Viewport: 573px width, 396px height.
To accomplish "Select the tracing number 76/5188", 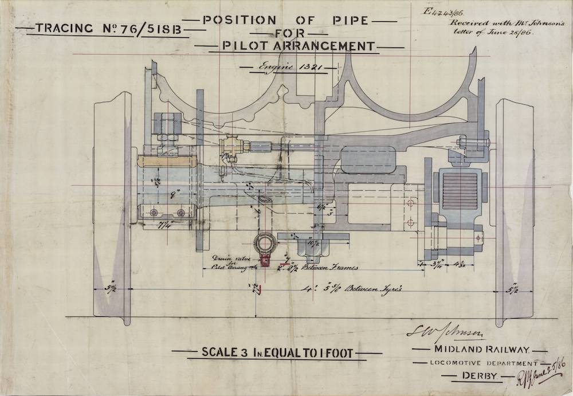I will click(152, 29).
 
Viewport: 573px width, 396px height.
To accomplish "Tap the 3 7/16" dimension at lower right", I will click(438, 264).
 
